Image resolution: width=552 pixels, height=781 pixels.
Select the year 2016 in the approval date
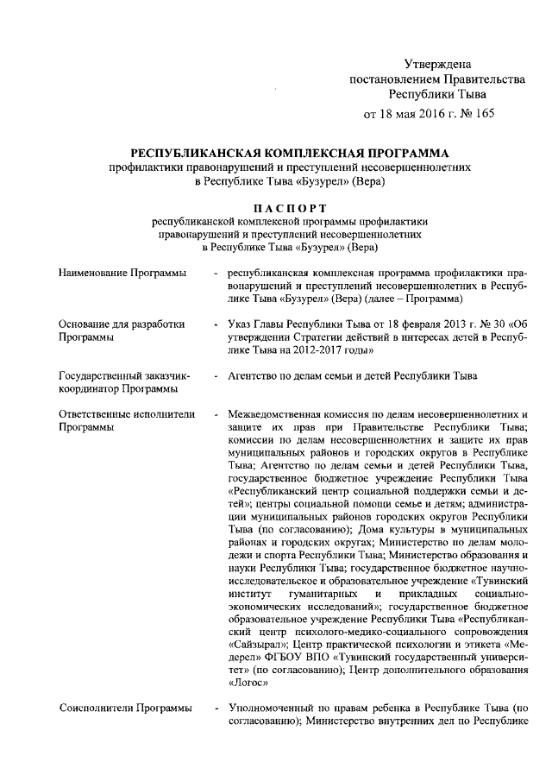pos(428,114)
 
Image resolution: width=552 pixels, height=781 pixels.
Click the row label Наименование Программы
pos(122,274)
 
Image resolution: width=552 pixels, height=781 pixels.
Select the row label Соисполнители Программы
pos(126,709)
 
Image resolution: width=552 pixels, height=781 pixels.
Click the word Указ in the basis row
pos(241,324)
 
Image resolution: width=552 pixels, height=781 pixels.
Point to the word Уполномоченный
pos(274,709)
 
